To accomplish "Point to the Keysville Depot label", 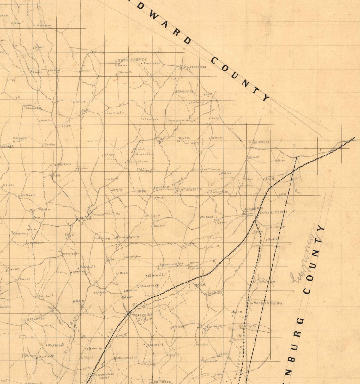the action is [x=274, y=212].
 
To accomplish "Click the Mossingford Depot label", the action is [x=104, y=375].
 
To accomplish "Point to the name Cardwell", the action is [x=114, y=113].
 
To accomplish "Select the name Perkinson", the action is [x=152, y=63].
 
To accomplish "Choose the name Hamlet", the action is [x=254, y=156].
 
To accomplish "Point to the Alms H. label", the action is [x=156, y=344].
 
